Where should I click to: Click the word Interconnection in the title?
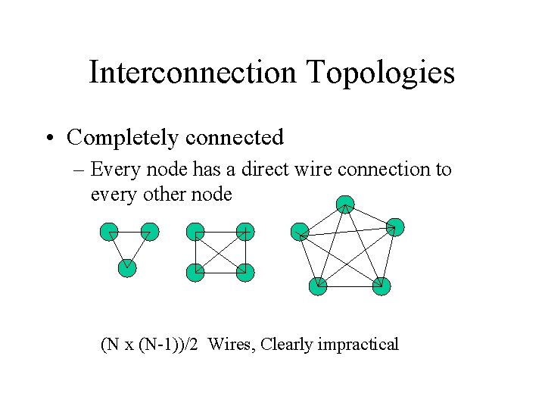click(192, 73)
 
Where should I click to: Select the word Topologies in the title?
click(380, 73)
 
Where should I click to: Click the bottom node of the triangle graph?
click(127, 267)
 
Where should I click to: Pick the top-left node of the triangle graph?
click(109, 232)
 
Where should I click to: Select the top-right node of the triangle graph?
click(150, 232)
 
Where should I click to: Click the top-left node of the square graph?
click(195, 232)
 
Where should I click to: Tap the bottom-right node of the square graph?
click(244, 272)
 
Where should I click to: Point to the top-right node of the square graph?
click(244, 232)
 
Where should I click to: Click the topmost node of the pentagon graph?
click(345, 204)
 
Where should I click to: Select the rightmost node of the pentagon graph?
click(394, 226)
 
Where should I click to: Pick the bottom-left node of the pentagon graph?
click(319, 286)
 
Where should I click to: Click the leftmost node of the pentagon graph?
click(300, 232)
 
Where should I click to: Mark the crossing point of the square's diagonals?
click(220, 252)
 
